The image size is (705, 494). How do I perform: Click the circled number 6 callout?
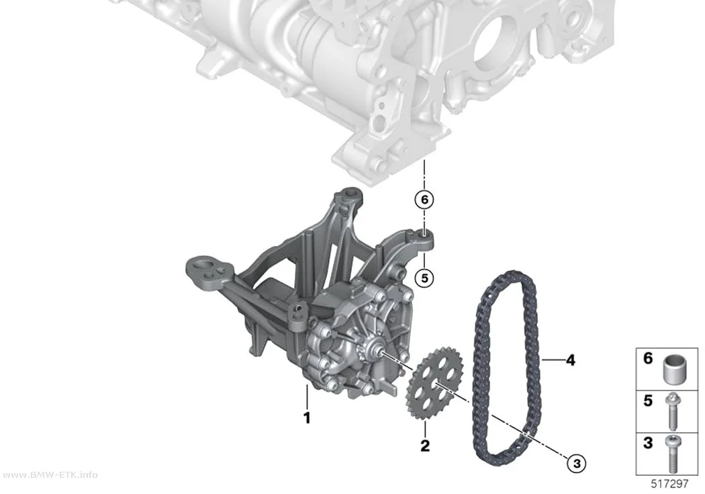coord(424,199)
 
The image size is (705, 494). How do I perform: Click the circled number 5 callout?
coord(424,278)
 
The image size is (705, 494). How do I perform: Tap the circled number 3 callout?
coord(577,463)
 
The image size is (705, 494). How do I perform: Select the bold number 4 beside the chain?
coord(570,360)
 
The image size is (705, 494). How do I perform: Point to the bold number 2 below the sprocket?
coord(425,446)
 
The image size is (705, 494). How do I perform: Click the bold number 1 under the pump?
coord(307,418)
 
